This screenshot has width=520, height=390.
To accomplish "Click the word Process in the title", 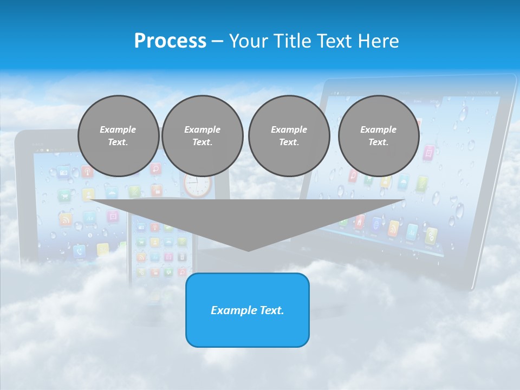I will click(x=170, y=41).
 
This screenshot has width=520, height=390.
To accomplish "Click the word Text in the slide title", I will click(x=336, y=41).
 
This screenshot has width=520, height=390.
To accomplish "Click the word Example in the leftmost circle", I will click(x=118, y=129).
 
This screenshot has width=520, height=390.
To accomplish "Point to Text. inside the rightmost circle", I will click(x=378, y=142).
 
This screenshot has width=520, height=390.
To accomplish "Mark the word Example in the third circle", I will click(x=289, y=129).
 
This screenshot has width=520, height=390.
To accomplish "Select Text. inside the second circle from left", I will click(x=202, y=142).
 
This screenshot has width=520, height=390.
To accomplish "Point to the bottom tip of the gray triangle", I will click(x=248, y=250).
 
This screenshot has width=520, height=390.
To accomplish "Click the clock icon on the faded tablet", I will click(x=197, y=185).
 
